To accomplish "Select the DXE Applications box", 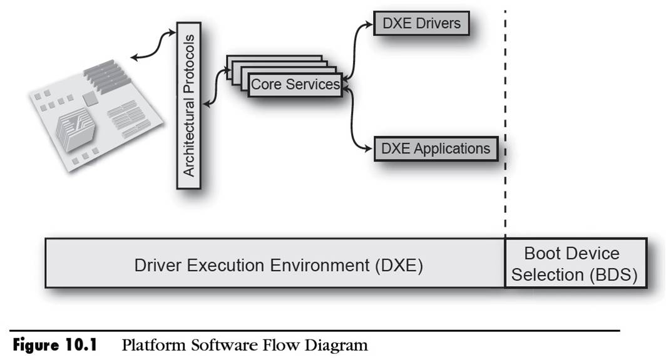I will tap(436, 149).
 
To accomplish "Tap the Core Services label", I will tap(295, 85).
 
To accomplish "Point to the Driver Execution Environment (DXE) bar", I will tap(275, 264).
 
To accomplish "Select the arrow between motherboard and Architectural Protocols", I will tap(154, 47).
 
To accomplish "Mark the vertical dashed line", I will tap(505, 125).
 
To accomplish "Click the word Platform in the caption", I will tap(148, 345).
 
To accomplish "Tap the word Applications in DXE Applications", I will tap(452, 149).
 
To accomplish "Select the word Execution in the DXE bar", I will tap(227, 264).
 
